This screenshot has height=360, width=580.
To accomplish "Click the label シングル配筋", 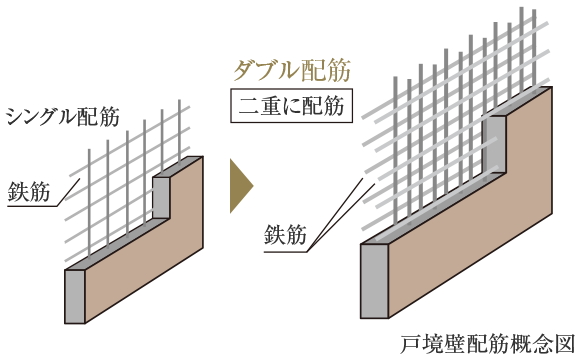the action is tap(62, 116).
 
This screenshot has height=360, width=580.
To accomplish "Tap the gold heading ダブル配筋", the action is tap(291, 70).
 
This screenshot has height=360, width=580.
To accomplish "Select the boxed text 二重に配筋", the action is tap(291, 104).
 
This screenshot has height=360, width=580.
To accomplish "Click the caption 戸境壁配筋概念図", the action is tap(485, 343).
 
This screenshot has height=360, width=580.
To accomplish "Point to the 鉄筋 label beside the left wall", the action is tap(30, 189).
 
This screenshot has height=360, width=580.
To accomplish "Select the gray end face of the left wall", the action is tap(74, 296).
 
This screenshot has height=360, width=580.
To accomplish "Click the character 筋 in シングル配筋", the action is tap(109, 116).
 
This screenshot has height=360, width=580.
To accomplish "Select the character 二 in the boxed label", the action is tap(248, 104).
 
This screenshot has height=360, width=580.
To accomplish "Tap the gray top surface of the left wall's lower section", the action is tap(110, 245).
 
